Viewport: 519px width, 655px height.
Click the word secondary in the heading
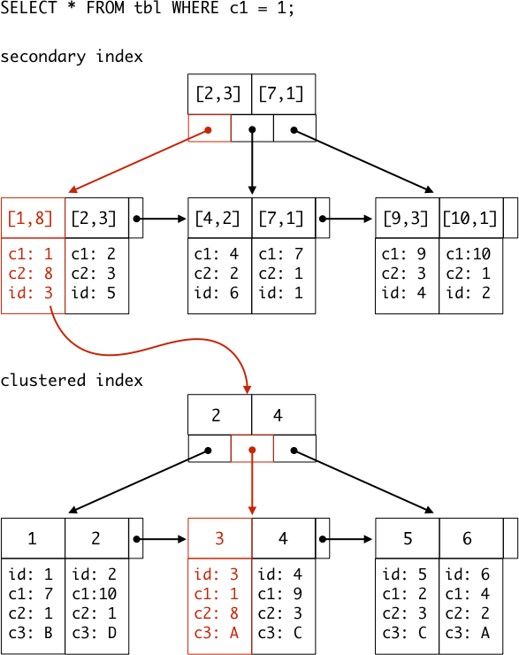[x=43, y=57]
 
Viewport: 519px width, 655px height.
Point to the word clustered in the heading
[x=43, y=380]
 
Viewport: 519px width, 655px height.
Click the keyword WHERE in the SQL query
[x=195, y=8]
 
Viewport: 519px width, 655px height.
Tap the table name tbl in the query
[x=148, y=8]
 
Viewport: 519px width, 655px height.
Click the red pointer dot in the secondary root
[x=208, y=130]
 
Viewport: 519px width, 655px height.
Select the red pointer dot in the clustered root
[x=252, y=450]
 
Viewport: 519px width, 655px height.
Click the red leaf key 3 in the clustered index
[x=219, y=538]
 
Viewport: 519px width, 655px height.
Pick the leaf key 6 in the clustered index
[x=467, y=538]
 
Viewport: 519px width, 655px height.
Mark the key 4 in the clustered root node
[x=278, y=415]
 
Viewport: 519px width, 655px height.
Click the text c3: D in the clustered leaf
[x=95, y=633]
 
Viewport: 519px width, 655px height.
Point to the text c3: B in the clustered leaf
[x=30, y=633]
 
